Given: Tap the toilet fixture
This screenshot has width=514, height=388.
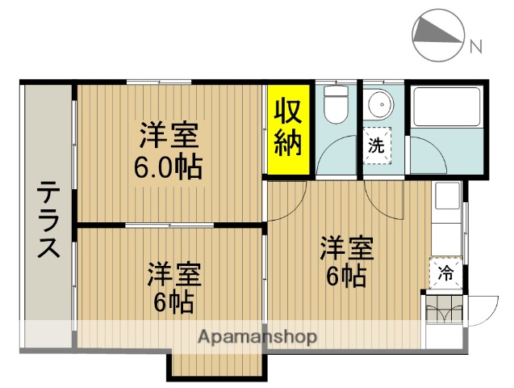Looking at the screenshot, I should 333,105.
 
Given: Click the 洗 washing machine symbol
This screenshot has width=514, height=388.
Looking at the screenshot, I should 376,146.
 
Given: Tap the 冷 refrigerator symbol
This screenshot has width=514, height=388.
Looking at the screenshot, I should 445,273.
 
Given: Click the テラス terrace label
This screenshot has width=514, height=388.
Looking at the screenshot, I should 48,219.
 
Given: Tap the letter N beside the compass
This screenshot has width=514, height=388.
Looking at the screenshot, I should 476,45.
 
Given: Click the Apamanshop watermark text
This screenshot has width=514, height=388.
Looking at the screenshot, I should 257,337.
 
